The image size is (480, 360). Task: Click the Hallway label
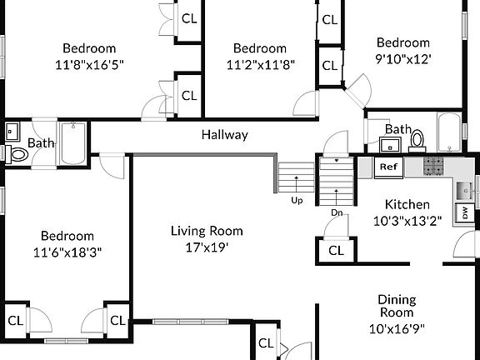pyautogui.click(x=224, y=135)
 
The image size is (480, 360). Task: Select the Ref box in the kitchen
pyautogui.click(x=387, y=167)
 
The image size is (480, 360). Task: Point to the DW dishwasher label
pyautogui.click(x=464, y=213)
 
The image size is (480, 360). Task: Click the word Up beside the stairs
pyautogui.click(x=297, y=200)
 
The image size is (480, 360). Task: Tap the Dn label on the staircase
pyautogui.click(x=336, y=212)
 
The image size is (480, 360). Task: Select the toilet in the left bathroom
pyautogui.click(x=17, y=154)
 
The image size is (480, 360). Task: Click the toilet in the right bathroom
pyautogui.click(x=419, y=140)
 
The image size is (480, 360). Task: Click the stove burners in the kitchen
pyautogui.click(x=435, y=166)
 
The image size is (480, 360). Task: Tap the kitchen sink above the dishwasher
pyautogui.click(x=464, y=191)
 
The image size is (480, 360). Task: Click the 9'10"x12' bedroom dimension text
pyautogui.click(x=403, y=59)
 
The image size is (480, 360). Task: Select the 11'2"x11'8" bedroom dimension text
pyautogui.click(x=259, y=64)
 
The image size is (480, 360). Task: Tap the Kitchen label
pyautogui.click(x=407, y=204)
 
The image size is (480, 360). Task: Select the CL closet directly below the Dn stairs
pyautogui.click(x=336, y=250)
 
